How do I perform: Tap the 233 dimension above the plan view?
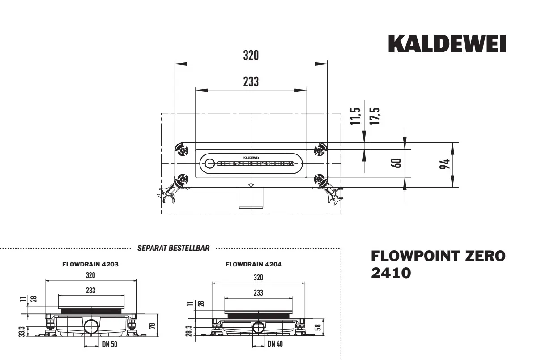(x=251, y=82)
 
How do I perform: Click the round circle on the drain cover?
(x=210, y=164)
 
